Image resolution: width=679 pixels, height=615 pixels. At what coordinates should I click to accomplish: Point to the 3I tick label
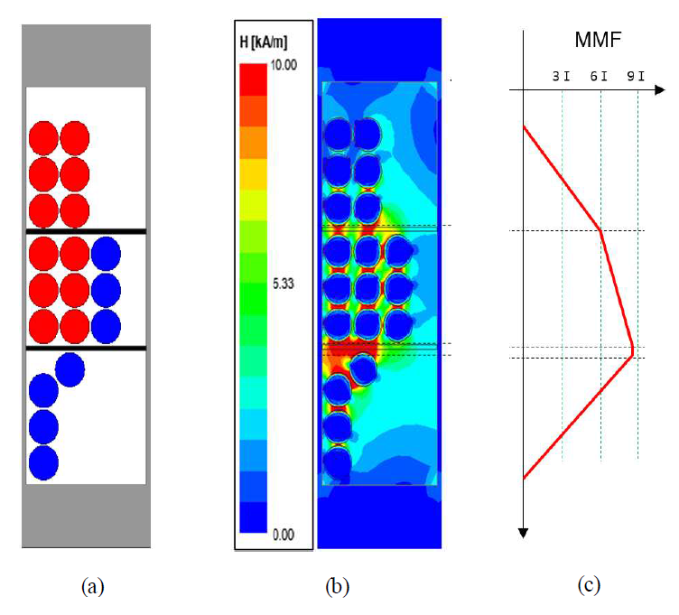[561, 76]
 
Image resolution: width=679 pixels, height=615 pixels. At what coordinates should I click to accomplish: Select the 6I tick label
[598, 76]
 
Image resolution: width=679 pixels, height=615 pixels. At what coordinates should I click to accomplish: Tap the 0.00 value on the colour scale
[284, 535]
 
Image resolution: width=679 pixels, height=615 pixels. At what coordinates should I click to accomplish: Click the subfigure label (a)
[91, 586]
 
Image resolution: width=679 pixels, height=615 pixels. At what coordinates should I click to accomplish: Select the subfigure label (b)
[336, 586]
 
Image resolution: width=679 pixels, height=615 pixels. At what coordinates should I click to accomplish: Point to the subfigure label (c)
[588, 584]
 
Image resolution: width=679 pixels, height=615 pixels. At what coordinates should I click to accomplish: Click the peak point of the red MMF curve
[632, 349]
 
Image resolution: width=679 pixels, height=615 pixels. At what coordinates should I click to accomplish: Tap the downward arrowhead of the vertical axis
[524, 532]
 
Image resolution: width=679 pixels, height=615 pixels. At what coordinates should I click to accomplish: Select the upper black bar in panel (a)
[86, 232]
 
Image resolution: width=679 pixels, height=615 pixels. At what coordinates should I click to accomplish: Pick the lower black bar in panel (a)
[86, 348]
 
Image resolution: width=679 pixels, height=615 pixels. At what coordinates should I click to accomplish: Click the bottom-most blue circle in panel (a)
[43, 462]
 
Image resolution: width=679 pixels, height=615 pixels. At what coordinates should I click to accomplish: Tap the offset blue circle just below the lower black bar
[70, 368]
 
